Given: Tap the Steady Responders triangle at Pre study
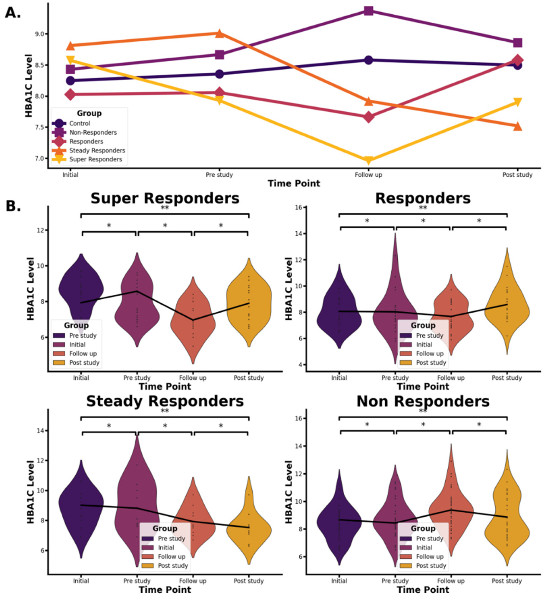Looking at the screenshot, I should pyautogui.click(x=220, y=33).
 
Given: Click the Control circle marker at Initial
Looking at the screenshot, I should pyautogui.click(x=70, y=80).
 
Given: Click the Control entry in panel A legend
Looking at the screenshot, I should pyautogui.click(x=79, y=123).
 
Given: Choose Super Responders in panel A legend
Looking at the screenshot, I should pyautogui.click(x=95, y=159).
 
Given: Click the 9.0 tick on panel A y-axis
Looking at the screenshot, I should pyautogui.click(x=39, y=34).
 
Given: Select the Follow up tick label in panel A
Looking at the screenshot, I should pyautogui.click(x=368, y=175).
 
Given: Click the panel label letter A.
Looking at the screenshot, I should pyautogui.click(x=13, y=13).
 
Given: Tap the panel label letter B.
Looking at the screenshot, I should pyautogui.click(x=13, y=206).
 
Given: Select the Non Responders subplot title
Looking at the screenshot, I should pyautogui.click(x=423, y=401).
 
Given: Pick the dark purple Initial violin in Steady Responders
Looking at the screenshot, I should pyautogui.click(x=81, y=506).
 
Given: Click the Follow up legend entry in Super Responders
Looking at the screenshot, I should pyautogui.click(x=83, y=354).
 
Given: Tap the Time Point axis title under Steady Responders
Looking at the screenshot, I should pyautogui.click(x=165, y=589).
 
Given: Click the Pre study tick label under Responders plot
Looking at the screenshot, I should pyautogui.click(x=395, y=378).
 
